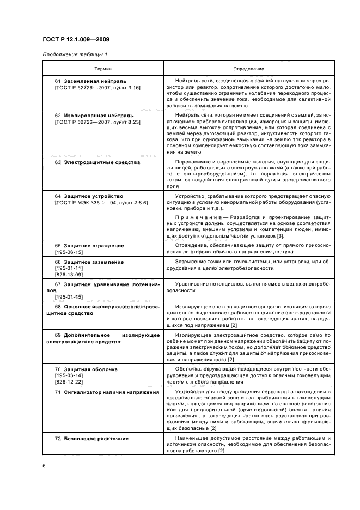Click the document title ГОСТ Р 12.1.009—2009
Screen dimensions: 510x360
(x=75, y=40)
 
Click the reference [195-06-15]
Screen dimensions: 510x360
(x=69, y=253)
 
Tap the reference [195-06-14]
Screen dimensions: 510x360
(x=69, y=376)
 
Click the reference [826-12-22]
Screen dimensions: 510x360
(x=69, y=383)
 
